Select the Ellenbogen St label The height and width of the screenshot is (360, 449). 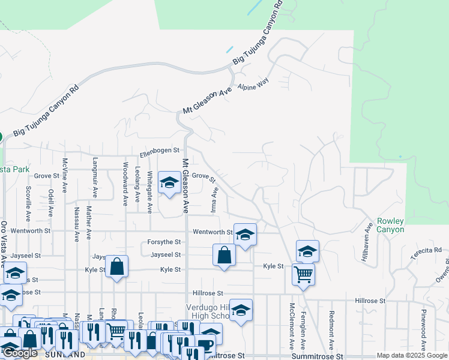(x=160, y=150)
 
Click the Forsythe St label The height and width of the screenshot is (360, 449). (x=164, y=242)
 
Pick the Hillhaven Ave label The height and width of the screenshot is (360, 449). (x=368, y=239)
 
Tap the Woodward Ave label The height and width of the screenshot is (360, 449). (x=125, y=184)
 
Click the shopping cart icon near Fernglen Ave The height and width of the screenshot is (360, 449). (x=303, y=274)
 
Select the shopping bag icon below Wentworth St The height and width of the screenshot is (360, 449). (x=223, y=254)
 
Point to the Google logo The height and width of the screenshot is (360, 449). (x=20, y=353)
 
